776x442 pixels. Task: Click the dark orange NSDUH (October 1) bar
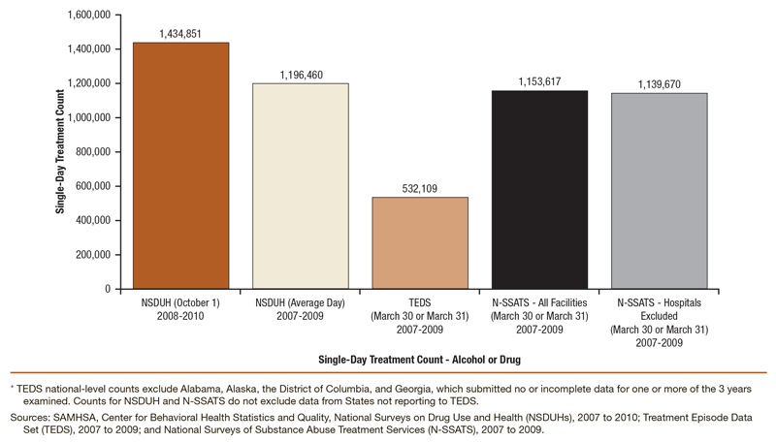click(180, 165)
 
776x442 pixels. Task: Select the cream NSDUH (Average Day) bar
click(300, 185)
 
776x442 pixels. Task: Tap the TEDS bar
click(420, 242)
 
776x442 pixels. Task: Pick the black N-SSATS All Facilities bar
click(539, 189)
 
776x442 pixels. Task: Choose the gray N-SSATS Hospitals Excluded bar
click(659, 190)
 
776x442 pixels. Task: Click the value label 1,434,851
click(180, 33)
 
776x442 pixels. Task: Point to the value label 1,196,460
click(300, 74)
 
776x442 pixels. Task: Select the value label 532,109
click(420, 188)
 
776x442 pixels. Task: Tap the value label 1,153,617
click(539, 81)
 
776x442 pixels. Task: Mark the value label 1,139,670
click(659, 84)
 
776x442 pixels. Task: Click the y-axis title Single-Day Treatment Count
click(60, 151)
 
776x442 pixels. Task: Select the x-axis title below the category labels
click(419, 359)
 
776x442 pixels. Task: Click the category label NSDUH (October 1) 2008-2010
click(180, 309)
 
